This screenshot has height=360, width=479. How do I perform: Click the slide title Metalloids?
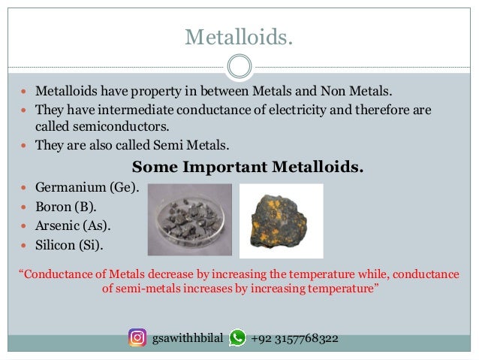click(239, 37)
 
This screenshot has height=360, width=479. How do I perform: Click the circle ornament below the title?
click(239, 67)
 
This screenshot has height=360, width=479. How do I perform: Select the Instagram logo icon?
click(137, 338)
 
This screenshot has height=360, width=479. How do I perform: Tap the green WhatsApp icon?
click(237, 338)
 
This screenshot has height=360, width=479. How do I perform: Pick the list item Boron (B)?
click(67, 206)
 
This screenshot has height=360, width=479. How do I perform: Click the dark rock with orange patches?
click(281, 219)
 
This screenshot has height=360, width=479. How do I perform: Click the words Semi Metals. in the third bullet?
click(192, 145)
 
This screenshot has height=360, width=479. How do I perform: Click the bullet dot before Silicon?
click(26, 246)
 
